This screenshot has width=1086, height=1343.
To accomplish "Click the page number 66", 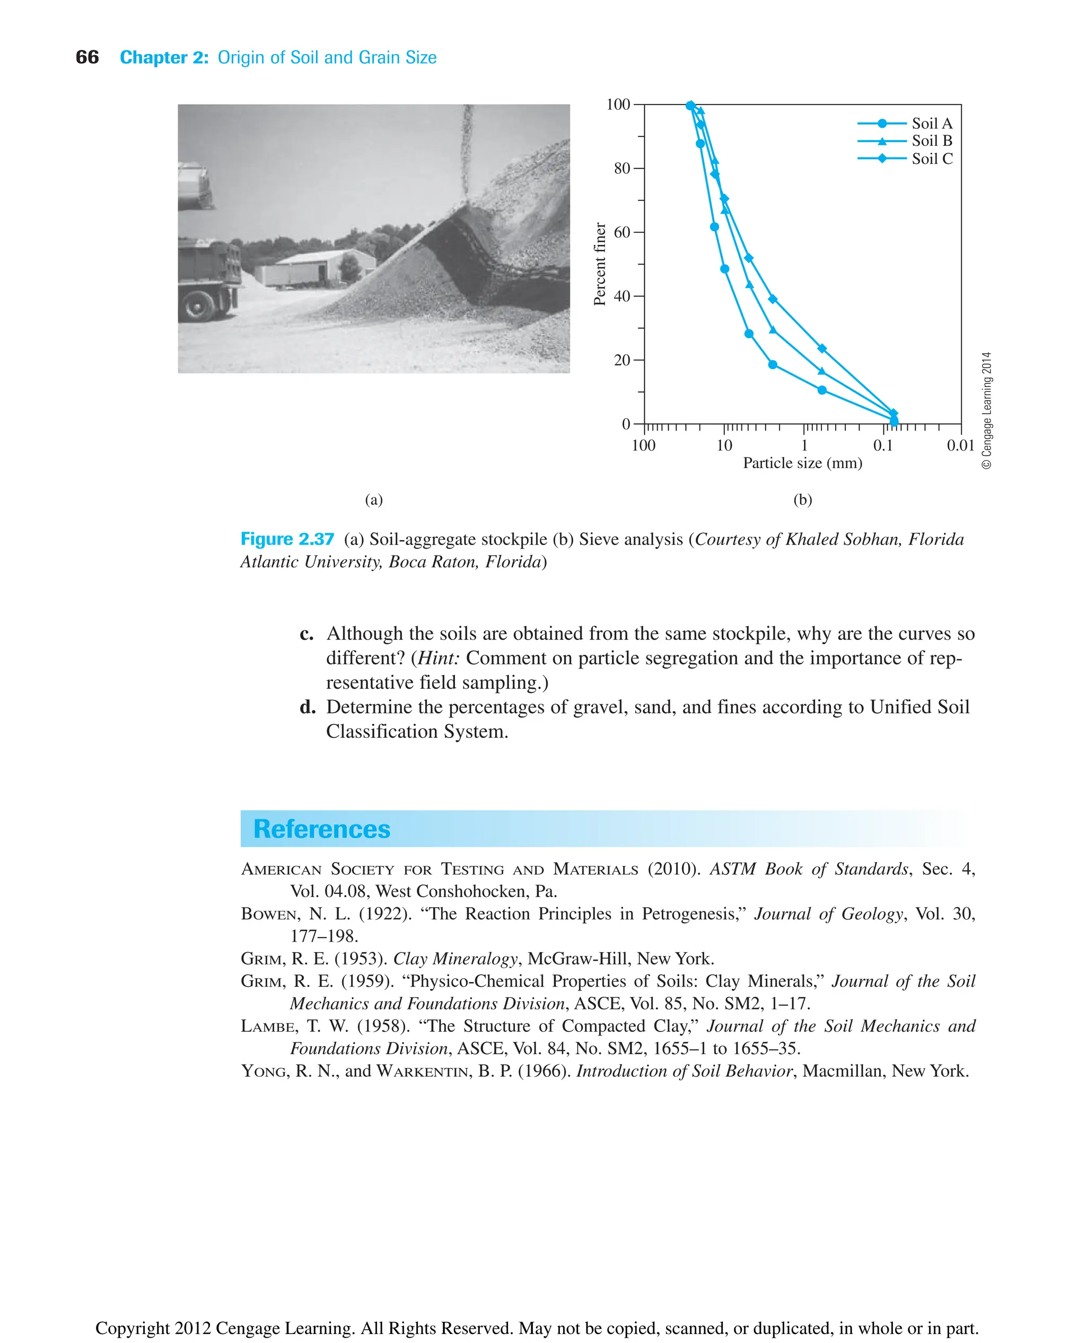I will (x=87, y=58).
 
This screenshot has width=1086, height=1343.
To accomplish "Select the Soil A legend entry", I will (x=931, y=123).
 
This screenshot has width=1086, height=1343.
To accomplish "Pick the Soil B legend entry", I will (x=931, y=141).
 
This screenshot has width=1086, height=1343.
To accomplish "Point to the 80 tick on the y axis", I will (x=622, y=168).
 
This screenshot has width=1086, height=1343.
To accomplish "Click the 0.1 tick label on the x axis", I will (x=883, y=445).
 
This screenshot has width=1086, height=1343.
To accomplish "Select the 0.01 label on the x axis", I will (x=960, y=445).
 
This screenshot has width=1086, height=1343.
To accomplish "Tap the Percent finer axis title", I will (x=599, y=264).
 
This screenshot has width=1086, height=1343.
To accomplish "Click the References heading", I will (x=321, y=829).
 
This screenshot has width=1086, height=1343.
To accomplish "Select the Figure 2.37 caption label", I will (x=287, y=539).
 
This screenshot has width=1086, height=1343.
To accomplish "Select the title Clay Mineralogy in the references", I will (x=455, y=959).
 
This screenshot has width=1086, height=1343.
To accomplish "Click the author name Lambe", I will (x=268, y=1026).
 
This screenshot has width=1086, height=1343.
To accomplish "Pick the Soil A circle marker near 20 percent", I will (x=773, y=365).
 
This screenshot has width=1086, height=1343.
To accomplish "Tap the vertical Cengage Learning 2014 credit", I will (x=986, y=410).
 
